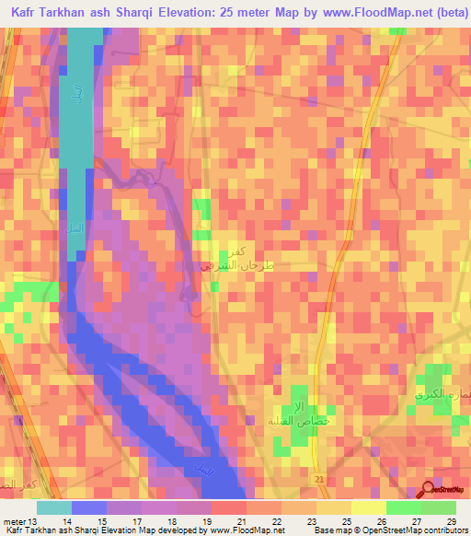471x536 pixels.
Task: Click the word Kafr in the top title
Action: click(29, 12)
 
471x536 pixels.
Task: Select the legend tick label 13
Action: click(35, 521)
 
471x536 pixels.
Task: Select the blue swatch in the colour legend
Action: click(88, 507)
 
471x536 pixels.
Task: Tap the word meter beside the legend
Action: click(14, 521)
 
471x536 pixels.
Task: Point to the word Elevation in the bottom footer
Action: click(117, 531)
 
